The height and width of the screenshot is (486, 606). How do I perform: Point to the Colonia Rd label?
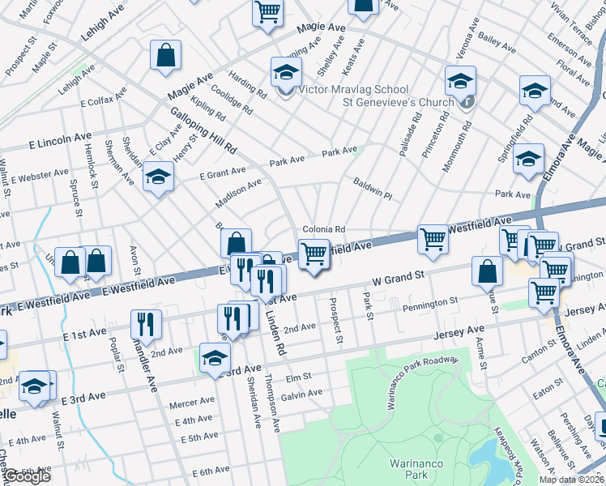pyautogui.click(x=324, y=229)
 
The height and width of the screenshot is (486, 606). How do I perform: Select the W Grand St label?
pyautogui.click(x=399, y=279)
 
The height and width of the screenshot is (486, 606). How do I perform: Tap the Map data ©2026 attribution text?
pyautogui.click(x=571, y=480)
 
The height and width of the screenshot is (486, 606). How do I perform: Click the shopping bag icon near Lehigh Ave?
pyautogui.click(x=165, y=57)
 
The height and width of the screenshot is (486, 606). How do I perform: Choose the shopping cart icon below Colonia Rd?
pyautogui.click(x=314, y=254)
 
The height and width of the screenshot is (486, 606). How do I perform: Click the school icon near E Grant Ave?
pyautogui.click(x=158, y=177)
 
